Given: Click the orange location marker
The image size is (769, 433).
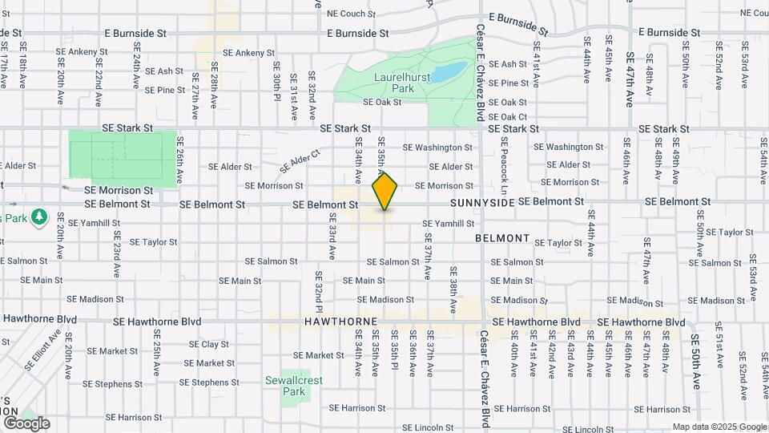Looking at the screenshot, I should pyautogui.click(x=385, y=192).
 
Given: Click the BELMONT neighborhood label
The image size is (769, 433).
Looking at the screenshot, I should pyautogui.click(x=502, y=238).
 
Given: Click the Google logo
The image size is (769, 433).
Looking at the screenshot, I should pyautogui.click(x=26, y=423).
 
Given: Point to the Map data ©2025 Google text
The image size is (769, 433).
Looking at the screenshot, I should pyautogui.click(x=719, y=427).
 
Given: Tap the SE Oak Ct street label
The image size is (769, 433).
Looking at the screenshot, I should pyautogui.click(x=508, y=116).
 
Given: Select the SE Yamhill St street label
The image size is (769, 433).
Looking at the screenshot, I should pyautogui.click(x=449, y=224).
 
